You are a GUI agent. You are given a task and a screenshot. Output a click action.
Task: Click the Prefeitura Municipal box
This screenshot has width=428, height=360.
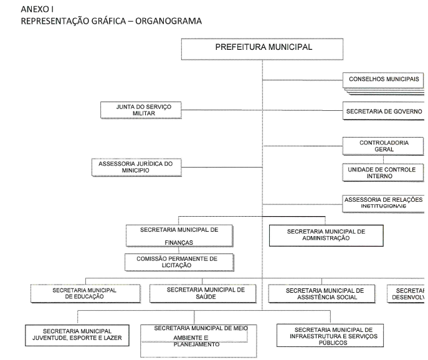263,48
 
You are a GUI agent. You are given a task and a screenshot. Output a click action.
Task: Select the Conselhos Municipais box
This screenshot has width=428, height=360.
383,80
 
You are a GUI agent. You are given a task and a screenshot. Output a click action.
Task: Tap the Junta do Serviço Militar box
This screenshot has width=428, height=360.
144,110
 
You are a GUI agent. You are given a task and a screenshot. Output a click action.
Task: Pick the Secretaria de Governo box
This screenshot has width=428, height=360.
383,111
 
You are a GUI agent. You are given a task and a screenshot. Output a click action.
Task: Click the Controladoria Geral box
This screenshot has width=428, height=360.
383,146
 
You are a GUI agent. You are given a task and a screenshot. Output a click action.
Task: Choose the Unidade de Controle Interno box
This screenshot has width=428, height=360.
383,172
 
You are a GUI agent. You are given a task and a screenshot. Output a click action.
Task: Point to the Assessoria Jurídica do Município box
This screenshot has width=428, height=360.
136,166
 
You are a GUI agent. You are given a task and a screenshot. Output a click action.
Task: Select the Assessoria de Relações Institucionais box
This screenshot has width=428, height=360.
383,202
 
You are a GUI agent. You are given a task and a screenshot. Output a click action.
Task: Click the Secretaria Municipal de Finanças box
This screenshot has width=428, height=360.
179,235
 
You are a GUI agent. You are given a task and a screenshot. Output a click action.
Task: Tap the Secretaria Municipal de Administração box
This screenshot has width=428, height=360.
325,235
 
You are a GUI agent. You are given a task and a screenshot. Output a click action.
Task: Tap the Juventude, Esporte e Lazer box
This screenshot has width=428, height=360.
77,334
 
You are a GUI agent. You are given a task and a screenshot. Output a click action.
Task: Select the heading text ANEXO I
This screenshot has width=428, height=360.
37,10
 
